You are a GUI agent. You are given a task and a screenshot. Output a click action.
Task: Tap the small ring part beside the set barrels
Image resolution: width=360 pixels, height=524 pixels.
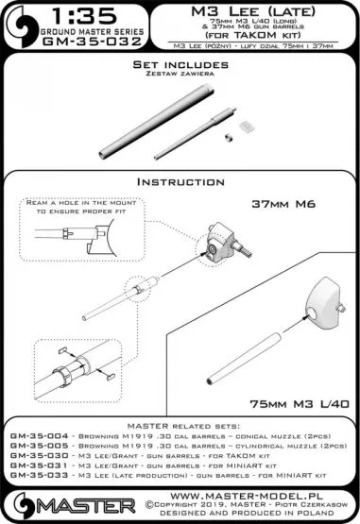[x=229, y=138]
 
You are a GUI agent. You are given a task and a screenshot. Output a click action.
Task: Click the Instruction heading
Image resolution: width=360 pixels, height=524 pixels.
[x=179, y=180]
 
